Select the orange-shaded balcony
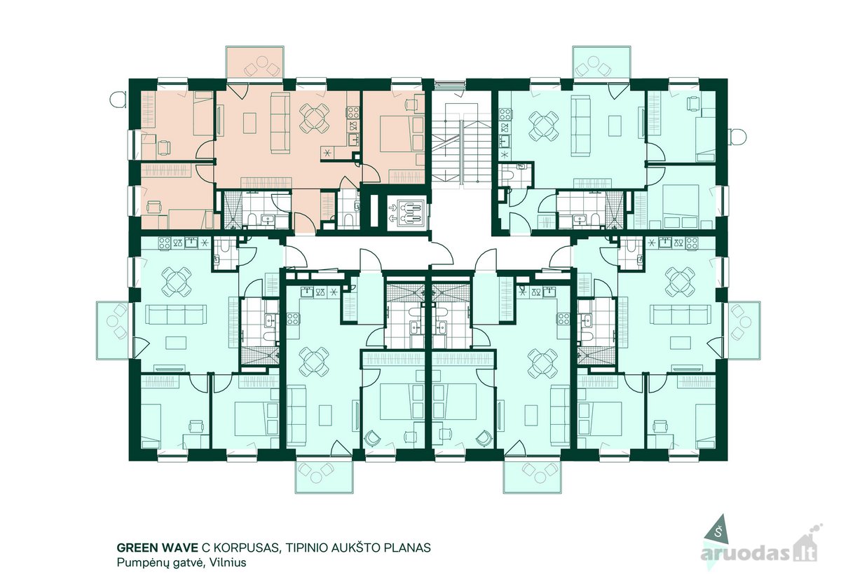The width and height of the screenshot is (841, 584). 255,62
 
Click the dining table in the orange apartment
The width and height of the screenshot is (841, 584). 315,118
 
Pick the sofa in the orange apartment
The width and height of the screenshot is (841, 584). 280,123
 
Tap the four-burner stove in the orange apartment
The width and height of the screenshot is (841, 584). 353,112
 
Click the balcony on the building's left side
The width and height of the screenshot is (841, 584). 113,330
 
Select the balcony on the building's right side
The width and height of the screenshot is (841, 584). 744,330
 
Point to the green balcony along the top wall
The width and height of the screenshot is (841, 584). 602,62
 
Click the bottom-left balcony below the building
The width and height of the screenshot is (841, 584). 324,477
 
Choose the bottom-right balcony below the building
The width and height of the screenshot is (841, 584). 533,477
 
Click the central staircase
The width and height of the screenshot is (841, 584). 461,143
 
